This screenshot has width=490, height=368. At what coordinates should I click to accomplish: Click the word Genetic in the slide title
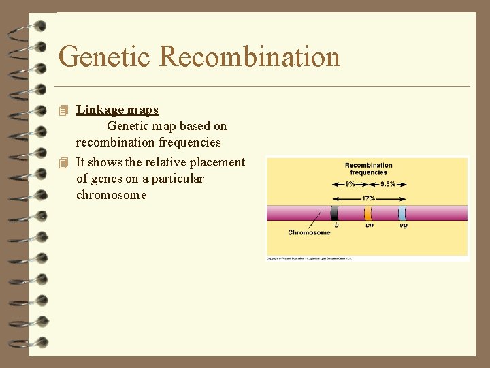pyautogui.click(x=105, y=57)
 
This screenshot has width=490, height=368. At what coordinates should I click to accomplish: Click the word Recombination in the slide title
pyautogui.click(x=249, y=57)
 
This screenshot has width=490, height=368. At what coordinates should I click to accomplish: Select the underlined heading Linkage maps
pyautogui.click(x=117, y=110)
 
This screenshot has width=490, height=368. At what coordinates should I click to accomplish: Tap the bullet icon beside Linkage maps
pyautogui.click(x=64, y=110)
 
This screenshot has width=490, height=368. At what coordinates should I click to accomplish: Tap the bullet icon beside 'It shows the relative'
pyautogui.click(x=64, y=162)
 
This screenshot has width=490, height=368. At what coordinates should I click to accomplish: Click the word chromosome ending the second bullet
pyautogui.click(x=111, y=195)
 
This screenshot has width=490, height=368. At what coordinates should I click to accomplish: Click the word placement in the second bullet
pyautogui.click(x=219, y=162)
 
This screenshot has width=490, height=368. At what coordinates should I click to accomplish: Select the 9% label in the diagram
pyautogui.click(x=350, y=184)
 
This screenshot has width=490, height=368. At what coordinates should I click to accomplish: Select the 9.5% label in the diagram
pyautogui.click(x=388, y=184)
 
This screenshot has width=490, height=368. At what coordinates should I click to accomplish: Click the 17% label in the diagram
pyautogui.click(x=368, y=198)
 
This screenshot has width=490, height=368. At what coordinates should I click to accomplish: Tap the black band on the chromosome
pyautogui.click(x=334, y=213)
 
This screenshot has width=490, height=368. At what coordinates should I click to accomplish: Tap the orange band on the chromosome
pyautogui.click(x=368, y=213)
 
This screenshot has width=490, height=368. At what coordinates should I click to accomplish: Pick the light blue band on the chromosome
pyautogui.click(x=402, y=213)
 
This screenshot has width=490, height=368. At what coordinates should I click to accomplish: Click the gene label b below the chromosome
pyautogui.click(x=336, y=226)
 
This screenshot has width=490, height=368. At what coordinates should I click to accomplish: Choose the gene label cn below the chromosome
pyautogui.click(x=369, y=226)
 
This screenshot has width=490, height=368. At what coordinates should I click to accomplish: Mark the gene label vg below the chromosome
pyautogui.click(x=404, y=226)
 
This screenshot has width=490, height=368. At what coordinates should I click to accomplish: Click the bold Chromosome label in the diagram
pyautogui.click(x=309, y=233)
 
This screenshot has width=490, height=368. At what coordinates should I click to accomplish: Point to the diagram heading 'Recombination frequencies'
pyautogui.click(x=368, y=168)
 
